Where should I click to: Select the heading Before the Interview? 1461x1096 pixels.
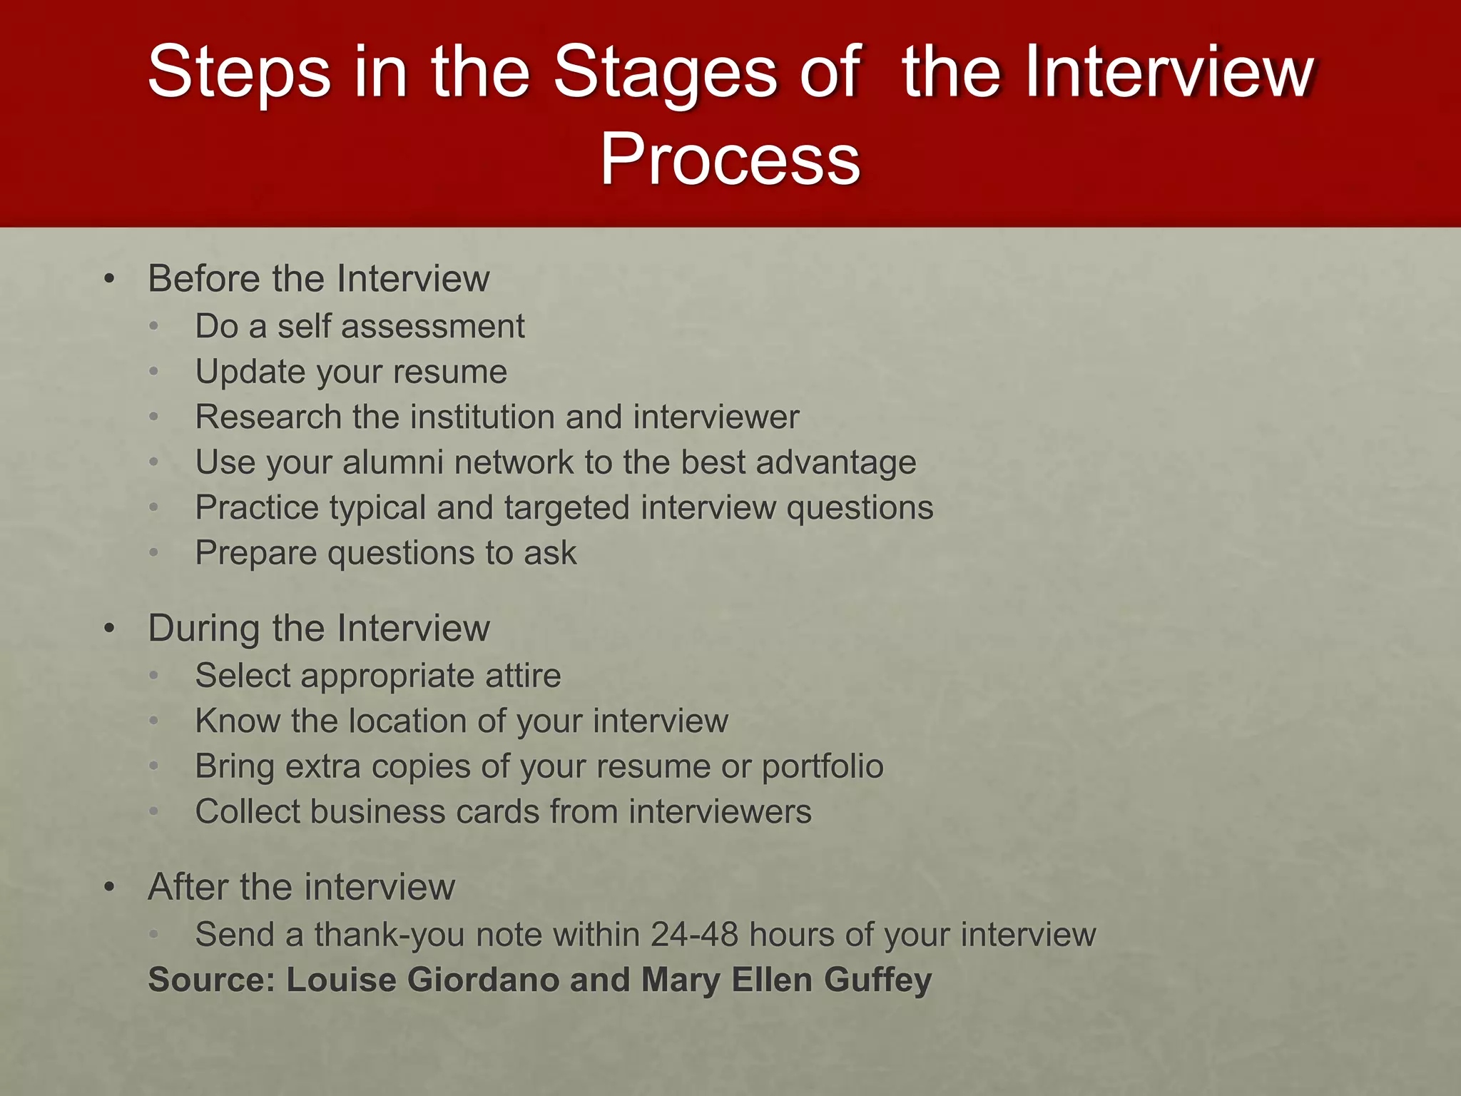318,278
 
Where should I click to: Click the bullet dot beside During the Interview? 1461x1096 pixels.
109,629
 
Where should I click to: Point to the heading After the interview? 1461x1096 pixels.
301,887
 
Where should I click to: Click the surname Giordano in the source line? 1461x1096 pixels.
483,980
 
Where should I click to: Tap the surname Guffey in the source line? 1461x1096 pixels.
877,980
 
